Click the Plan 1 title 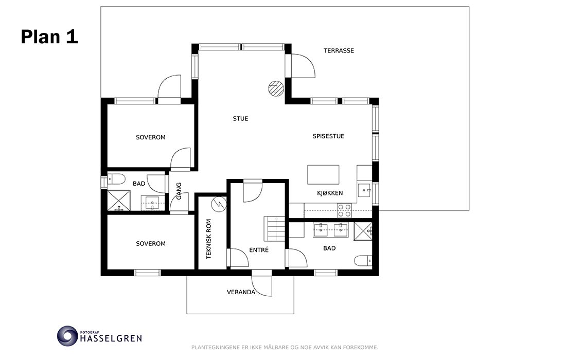tap(49, 37)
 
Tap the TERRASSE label tap(339, 50)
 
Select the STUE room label tap(240, 118)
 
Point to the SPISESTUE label tap(328, 136)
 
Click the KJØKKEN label tap(330, 193)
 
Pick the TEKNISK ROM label tap(208, 239)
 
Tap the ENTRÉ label tap(259, 249)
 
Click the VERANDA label tap(241, 292)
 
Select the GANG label tap(179, 191)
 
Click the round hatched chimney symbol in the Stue tap(276, 88)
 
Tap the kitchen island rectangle tap(324, 174)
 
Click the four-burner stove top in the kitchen tap(344, 210)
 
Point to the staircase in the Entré tap(275, 229)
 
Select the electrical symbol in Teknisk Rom tap(219, 204)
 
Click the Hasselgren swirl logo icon tap(67, 336)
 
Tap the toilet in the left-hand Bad tap(116, 178)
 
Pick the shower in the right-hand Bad tap(363, 231)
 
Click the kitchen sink tap(365, 189)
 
